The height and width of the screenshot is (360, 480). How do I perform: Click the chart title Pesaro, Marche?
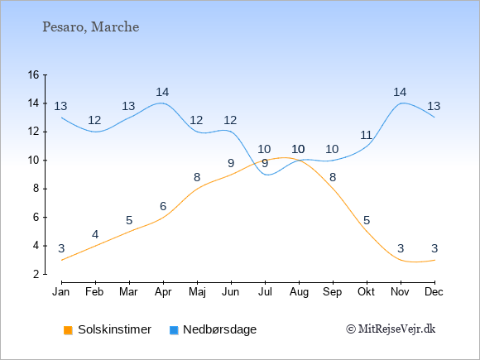tap(90, 27)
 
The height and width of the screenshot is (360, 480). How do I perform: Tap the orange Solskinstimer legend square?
tap(68, 330)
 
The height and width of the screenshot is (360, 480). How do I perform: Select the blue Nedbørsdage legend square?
tap(174, 330)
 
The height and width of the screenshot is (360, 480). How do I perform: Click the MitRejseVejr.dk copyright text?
tap(391, 329)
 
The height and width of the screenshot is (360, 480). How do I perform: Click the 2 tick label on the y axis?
tap(36, 274)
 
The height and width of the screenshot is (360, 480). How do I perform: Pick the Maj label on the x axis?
tap(197, 292)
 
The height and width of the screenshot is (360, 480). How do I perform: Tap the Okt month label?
tap(366, 292)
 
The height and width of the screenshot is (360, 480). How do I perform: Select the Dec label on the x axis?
tap(434, 292)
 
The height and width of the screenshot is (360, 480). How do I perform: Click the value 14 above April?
tap(162, 92)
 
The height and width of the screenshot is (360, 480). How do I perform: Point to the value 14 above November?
tap(400, 92)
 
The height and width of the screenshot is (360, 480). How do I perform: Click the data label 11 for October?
tap(366, 135)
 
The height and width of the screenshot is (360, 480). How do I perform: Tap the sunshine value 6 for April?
tap(163, 206)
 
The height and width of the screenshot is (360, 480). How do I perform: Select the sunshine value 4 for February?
tap(95, 234)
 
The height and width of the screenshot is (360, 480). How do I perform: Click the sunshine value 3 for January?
tap(61, 248)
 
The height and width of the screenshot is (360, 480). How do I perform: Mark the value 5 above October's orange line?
tap(367, 220)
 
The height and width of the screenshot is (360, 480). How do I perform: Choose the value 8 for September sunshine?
tap(333, 177)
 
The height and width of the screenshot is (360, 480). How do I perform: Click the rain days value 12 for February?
tap(94, 120)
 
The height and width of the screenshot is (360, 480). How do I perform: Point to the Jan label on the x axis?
tap(61, 292)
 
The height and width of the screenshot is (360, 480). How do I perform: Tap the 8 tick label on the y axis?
tap(36, 189)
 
